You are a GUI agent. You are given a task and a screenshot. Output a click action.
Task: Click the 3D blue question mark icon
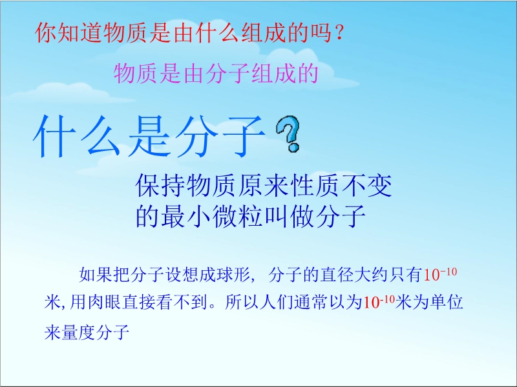[288, 134]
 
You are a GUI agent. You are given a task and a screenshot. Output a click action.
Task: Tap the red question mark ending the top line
[340, 33]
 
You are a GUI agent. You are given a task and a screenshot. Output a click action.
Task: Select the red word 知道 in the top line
[69, 33]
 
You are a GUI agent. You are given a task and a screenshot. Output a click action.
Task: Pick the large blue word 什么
[76, 136]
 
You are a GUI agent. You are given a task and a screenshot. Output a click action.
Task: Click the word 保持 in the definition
[160, 185]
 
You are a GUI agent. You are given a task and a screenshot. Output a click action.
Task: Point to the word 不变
[366, 185]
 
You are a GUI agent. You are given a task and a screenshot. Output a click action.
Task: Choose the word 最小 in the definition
[186, 216]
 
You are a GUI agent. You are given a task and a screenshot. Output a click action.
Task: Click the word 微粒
[238, 216]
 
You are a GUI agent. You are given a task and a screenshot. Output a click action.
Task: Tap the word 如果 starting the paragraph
[96, 275]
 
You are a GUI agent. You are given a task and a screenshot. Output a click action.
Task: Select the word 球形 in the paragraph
[233, 275]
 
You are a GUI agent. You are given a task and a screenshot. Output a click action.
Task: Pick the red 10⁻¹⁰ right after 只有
[440, 274]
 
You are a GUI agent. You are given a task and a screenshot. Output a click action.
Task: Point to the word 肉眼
[105, 302]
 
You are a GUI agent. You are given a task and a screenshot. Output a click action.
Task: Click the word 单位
[447, 302]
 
